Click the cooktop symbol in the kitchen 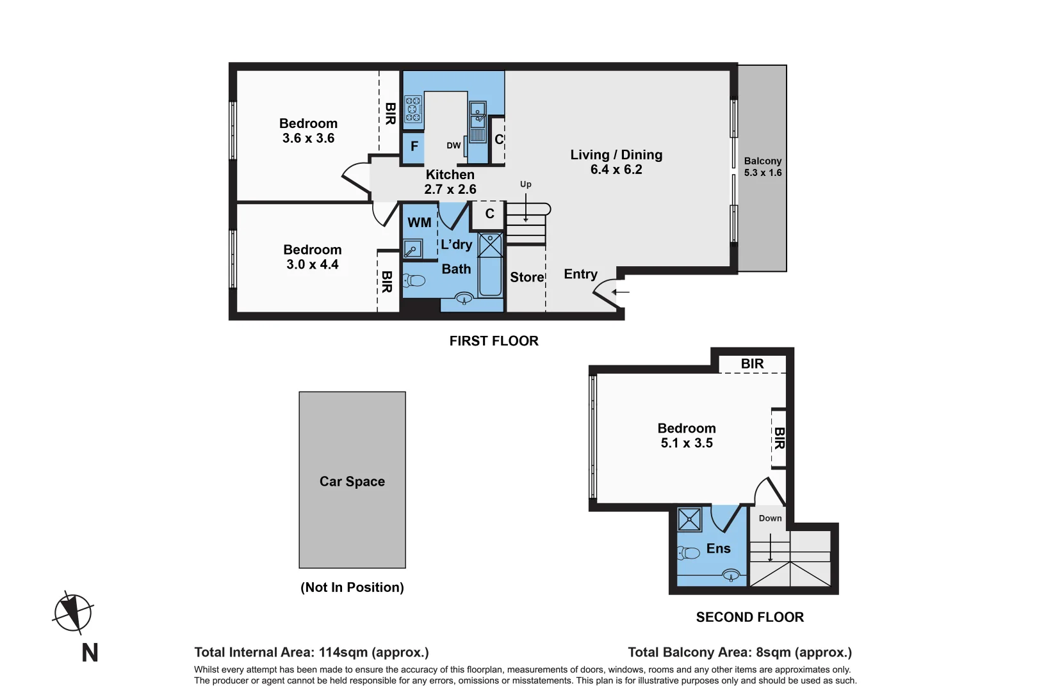click(413, 109)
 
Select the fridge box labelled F click(414, 147)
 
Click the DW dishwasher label click(453, 145)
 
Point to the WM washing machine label click(420, 223)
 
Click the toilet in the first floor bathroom click(414, 280)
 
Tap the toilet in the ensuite click(689, 553)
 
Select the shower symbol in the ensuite click(689, 520)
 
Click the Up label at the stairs click(525, 184)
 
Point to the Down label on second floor click(770, 518)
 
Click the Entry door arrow click(621, 292)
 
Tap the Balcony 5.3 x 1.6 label click(762, 167)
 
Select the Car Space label click(352, 481)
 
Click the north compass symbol click(73, 613)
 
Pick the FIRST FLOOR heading click(494, 341)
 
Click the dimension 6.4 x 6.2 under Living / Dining click(616, 170)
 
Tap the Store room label click(527, 277)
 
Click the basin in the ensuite click(731, 576)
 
